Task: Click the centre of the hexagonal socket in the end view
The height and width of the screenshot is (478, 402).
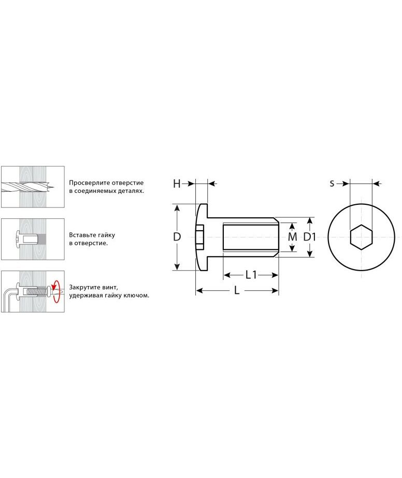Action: pos(361,237)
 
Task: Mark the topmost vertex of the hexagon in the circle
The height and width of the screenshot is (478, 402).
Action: pos(361,224)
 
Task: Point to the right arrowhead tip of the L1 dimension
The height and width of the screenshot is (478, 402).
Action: pos(278,275)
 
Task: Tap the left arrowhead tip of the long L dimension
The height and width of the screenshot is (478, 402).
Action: pos(196,291)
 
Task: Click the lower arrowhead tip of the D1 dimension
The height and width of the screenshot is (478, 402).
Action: pos(309,257)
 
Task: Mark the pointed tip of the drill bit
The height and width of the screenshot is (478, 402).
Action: pos(54,187)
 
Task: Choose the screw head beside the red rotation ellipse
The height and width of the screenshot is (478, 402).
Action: pos(49,292)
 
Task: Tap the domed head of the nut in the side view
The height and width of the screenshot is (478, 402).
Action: pos(202,237)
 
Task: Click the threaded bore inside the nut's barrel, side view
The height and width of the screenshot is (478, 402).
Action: pos(251,237)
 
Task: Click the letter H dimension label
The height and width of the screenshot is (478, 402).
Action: pos(177,184)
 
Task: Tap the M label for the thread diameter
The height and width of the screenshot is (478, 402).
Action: pos(292,237)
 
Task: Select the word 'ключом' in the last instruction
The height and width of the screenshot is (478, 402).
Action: pos(138,296)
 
